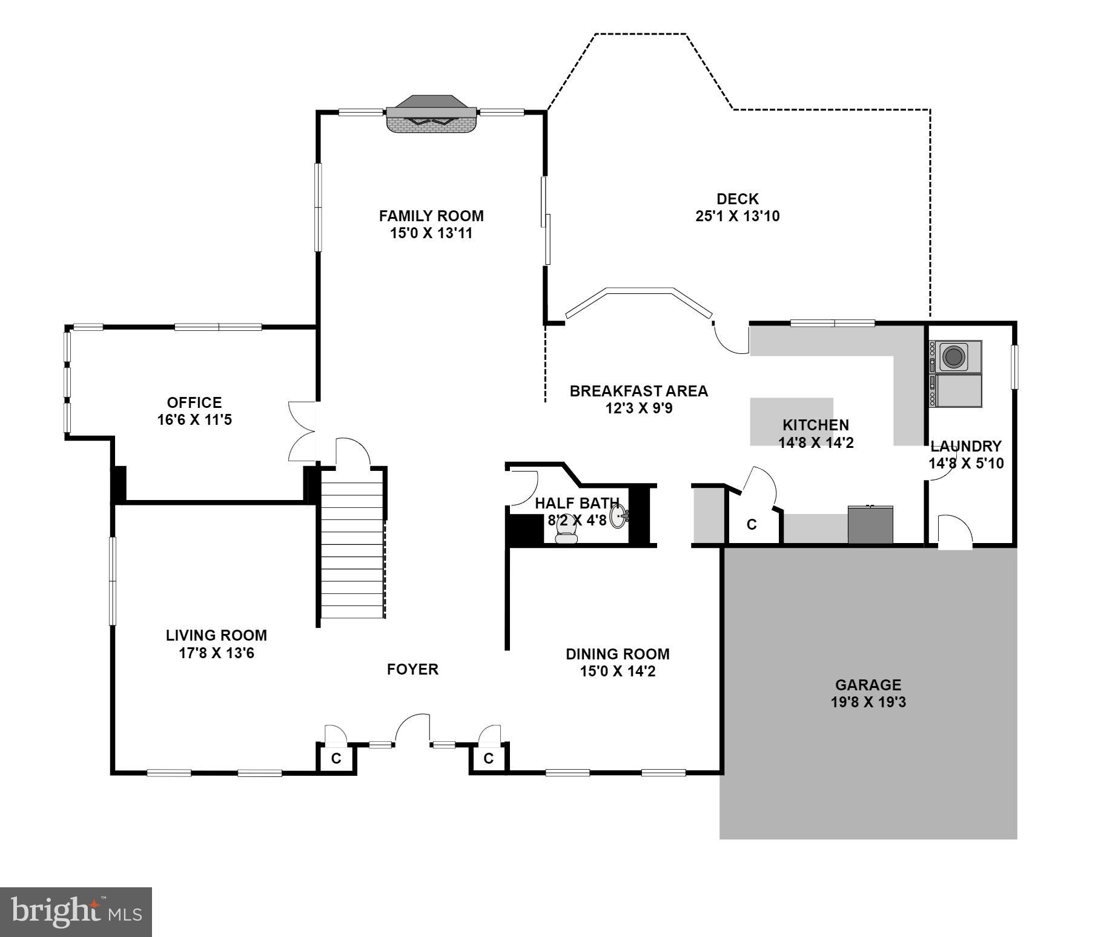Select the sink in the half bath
[619, 517]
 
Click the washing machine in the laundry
[959, 356]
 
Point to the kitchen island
[792, 421]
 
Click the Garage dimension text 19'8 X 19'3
[868, 702]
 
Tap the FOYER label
[412, 669]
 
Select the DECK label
[737, 199]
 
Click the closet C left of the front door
[336, 758]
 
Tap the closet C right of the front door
[489, 758]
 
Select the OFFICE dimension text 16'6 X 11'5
[194, 419]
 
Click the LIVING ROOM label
[216, 635]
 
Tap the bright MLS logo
[76, 912]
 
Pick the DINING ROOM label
[617, 654]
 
